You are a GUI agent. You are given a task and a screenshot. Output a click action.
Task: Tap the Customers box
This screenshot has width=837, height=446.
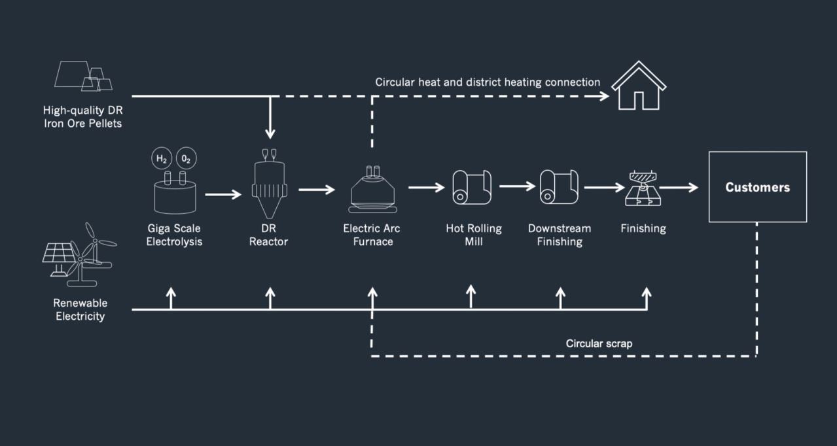click(x=757, y=187)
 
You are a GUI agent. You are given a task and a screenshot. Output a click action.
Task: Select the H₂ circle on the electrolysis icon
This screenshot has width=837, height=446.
click(x=160, y=158)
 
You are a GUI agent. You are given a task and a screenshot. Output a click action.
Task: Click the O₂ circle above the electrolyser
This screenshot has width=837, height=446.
click(x=187, y=158)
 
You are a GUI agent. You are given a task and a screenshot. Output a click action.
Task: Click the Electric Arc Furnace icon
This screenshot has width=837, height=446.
click(x=372, y=190)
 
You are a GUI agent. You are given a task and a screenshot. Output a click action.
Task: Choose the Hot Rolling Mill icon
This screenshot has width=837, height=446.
click(x=471, y=187)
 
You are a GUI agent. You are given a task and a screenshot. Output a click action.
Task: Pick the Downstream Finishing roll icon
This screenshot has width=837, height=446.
click(x=559, y=187)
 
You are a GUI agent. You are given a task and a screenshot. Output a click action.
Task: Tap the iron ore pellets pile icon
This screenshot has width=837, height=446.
click(x=83, y=76)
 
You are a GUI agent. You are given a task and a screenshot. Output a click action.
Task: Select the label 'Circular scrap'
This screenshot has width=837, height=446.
click(x=599, y=343)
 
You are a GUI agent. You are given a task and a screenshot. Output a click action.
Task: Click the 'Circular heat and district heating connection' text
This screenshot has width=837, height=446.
click(x=488, y=82)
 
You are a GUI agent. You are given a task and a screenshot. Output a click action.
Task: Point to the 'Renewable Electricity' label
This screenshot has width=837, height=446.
click(x=80, y=310)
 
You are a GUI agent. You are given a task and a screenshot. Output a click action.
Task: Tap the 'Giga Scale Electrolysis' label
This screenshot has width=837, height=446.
click(x=174, y=235)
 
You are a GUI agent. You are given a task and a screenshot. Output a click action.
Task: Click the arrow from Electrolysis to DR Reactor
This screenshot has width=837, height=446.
click(x=223, y=194)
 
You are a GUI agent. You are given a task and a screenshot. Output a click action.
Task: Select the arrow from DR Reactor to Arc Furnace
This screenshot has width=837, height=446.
click(x=317, y=190)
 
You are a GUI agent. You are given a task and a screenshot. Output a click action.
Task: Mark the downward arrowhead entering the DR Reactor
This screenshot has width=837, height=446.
click(x=270, y=133)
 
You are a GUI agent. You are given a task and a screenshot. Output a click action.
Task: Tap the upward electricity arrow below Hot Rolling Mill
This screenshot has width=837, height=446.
click(x=471, y=296)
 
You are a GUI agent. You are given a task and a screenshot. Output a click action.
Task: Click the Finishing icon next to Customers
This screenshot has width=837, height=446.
click(x=643, y=188)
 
